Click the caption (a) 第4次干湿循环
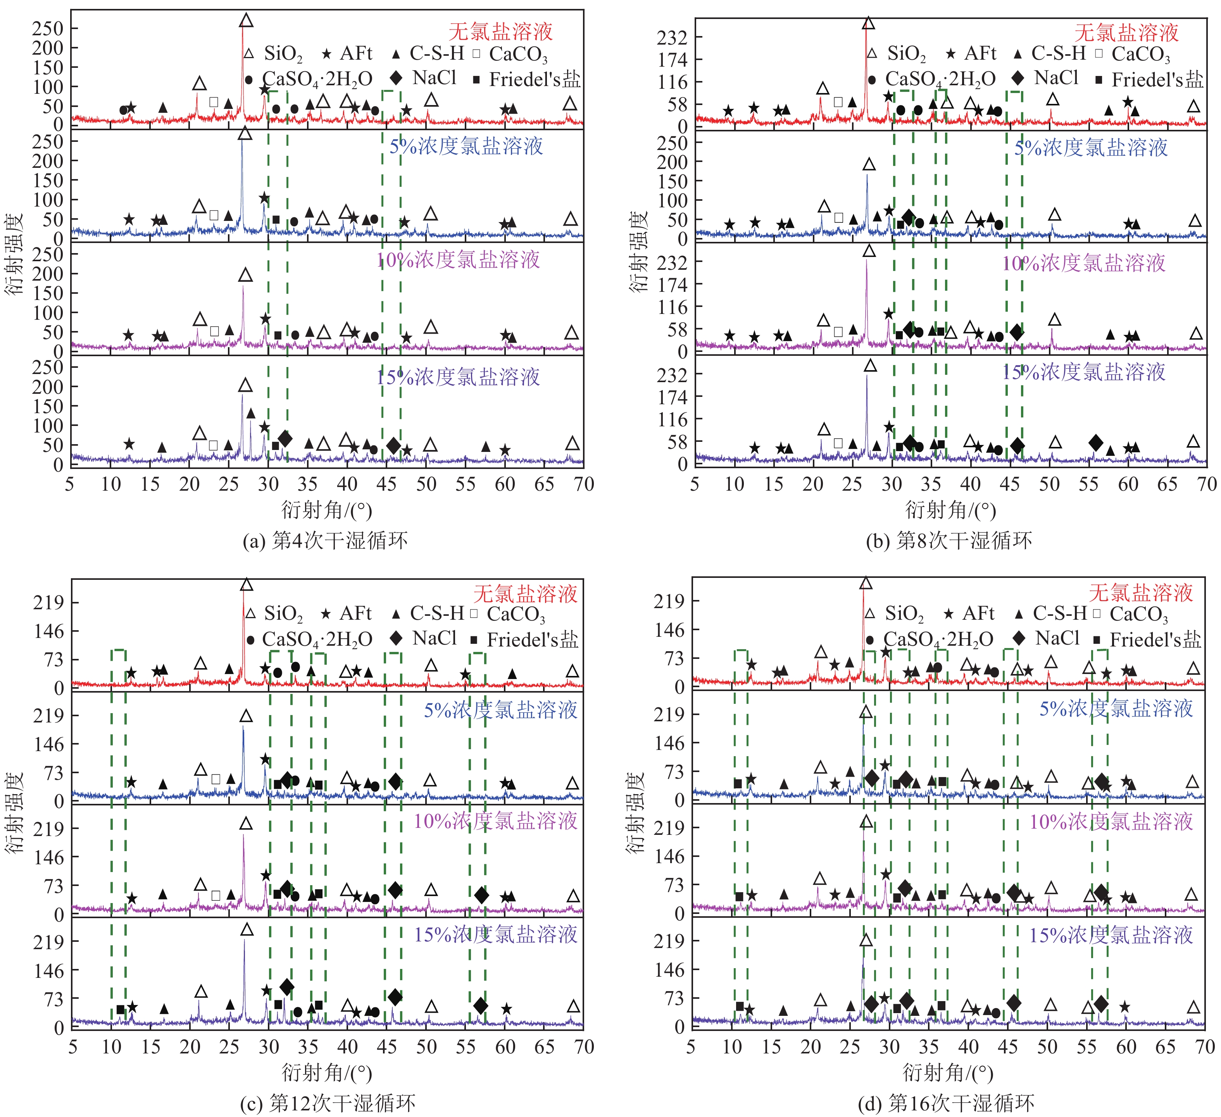(325, 540)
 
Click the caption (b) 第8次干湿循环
(949, 540)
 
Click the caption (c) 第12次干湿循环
(328, 1103)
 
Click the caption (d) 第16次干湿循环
(946, 1103)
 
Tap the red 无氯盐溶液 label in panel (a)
(500, 31)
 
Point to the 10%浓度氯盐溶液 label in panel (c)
(495, 821)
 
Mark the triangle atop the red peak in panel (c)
(246, 584)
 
